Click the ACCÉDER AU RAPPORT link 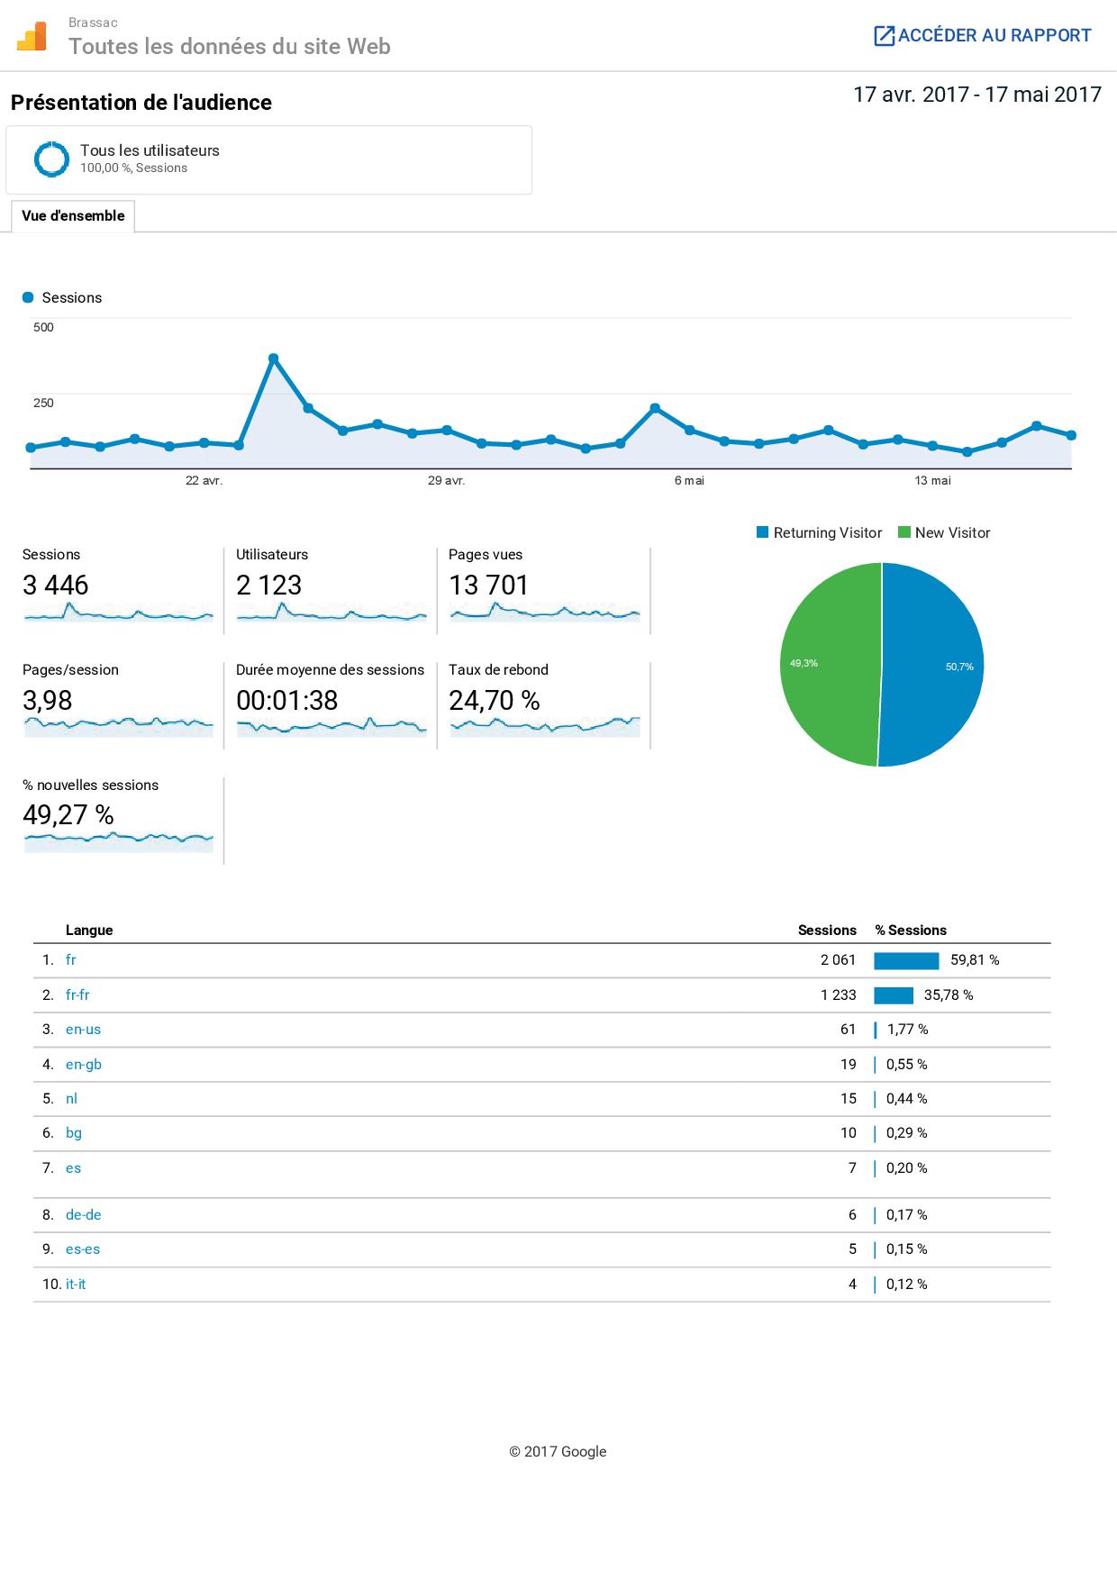[983, 36]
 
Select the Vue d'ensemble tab [73, 216]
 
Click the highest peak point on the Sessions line [273, 359]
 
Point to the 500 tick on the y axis [43, 327]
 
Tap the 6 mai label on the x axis [689, 481]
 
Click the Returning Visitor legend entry [819, 533]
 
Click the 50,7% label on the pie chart [959, 667]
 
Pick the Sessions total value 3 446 [56, 586]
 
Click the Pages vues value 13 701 [488, 586]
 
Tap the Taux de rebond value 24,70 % [495, 701]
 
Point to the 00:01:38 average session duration [286, 701]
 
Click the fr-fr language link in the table [77, 995]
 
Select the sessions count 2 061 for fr [838, 960]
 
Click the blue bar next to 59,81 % [906, 961]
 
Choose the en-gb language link [84, 1065]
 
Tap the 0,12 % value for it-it [906, 1285]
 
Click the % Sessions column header [911, 931]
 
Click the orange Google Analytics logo [32, 37]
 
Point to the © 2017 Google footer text [558, 1451]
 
